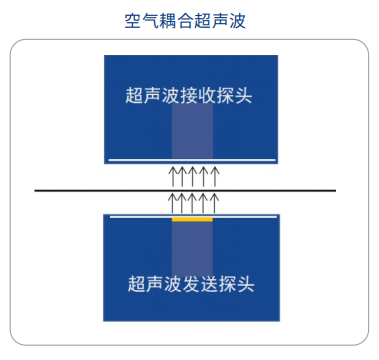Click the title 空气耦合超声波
pyautogui.click(x=189, y=19)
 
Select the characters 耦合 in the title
pyautogui.click(x=180, y=19)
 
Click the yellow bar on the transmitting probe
pyautogui.click(x=192, y=219)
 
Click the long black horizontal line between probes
pyautogui.click(x=80, y=190)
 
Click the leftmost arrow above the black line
pyautogui.click(x=171, y=178)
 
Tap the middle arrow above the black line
pyautogui.click(x=193, y=178)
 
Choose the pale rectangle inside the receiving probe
pyautogui.click(x=192, y=135)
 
